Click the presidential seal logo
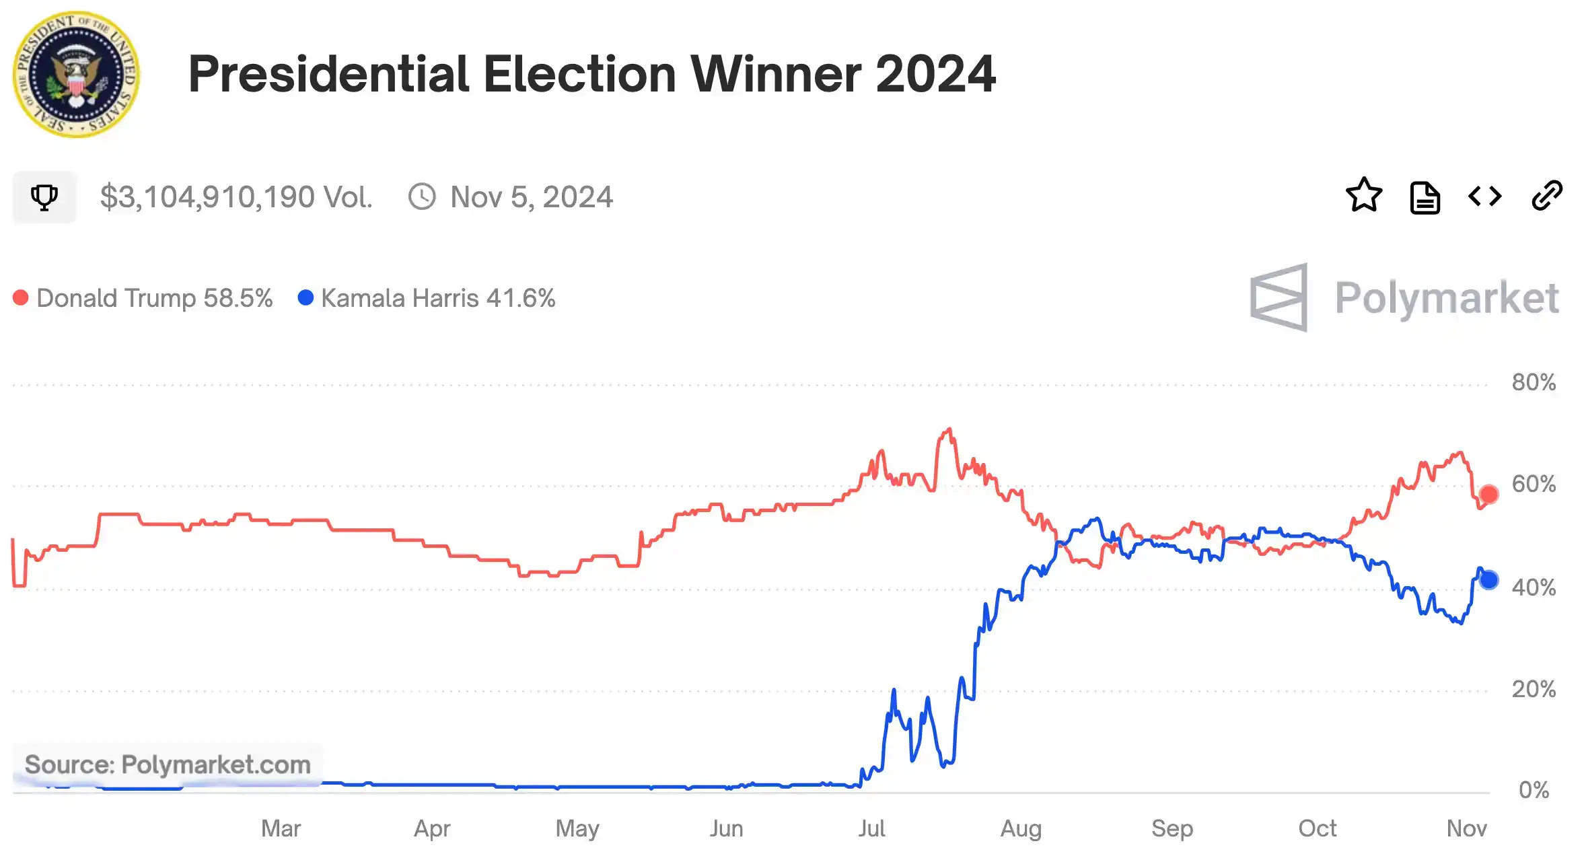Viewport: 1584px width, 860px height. pos(76,74)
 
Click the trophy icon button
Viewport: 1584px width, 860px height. pos(44,197)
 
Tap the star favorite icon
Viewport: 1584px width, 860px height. pos(1363,196)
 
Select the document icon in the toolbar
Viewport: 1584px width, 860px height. pos(1425,198)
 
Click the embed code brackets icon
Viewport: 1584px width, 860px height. pos(1484,196)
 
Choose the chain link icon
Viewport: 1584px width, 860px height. pos(1546,196)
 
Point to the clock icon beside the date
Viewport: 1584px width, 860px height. pos(422,197)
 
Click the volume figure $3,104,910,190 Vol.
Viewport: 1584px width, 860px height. pos(236,197)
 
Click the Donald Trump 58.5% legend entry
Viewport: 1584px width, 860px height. pos(143,298)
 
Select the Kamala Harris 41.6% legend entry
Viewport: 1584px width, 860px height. pos(427,298)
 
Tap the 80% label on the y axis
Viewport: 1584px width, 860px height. pos(1534,382)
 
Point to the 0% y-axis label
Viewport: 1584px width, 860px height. pos(1534,789)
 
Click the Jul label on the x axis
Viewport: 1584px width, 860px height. pos(871,828)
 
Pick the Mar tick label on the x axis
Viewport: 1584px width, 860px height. pos(281,828)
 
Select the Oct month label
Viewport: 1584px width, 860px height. pos(1317,828)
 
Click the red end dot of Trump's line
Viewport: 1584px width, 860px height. pos(1488,495)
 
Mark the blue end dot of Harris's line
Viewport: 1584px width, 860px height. pos(1488,580)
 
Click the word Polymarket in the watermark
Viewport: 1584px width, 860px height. pos(1447,298)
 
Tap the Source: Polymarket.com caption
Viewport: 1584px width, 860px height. pos(168,764)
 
